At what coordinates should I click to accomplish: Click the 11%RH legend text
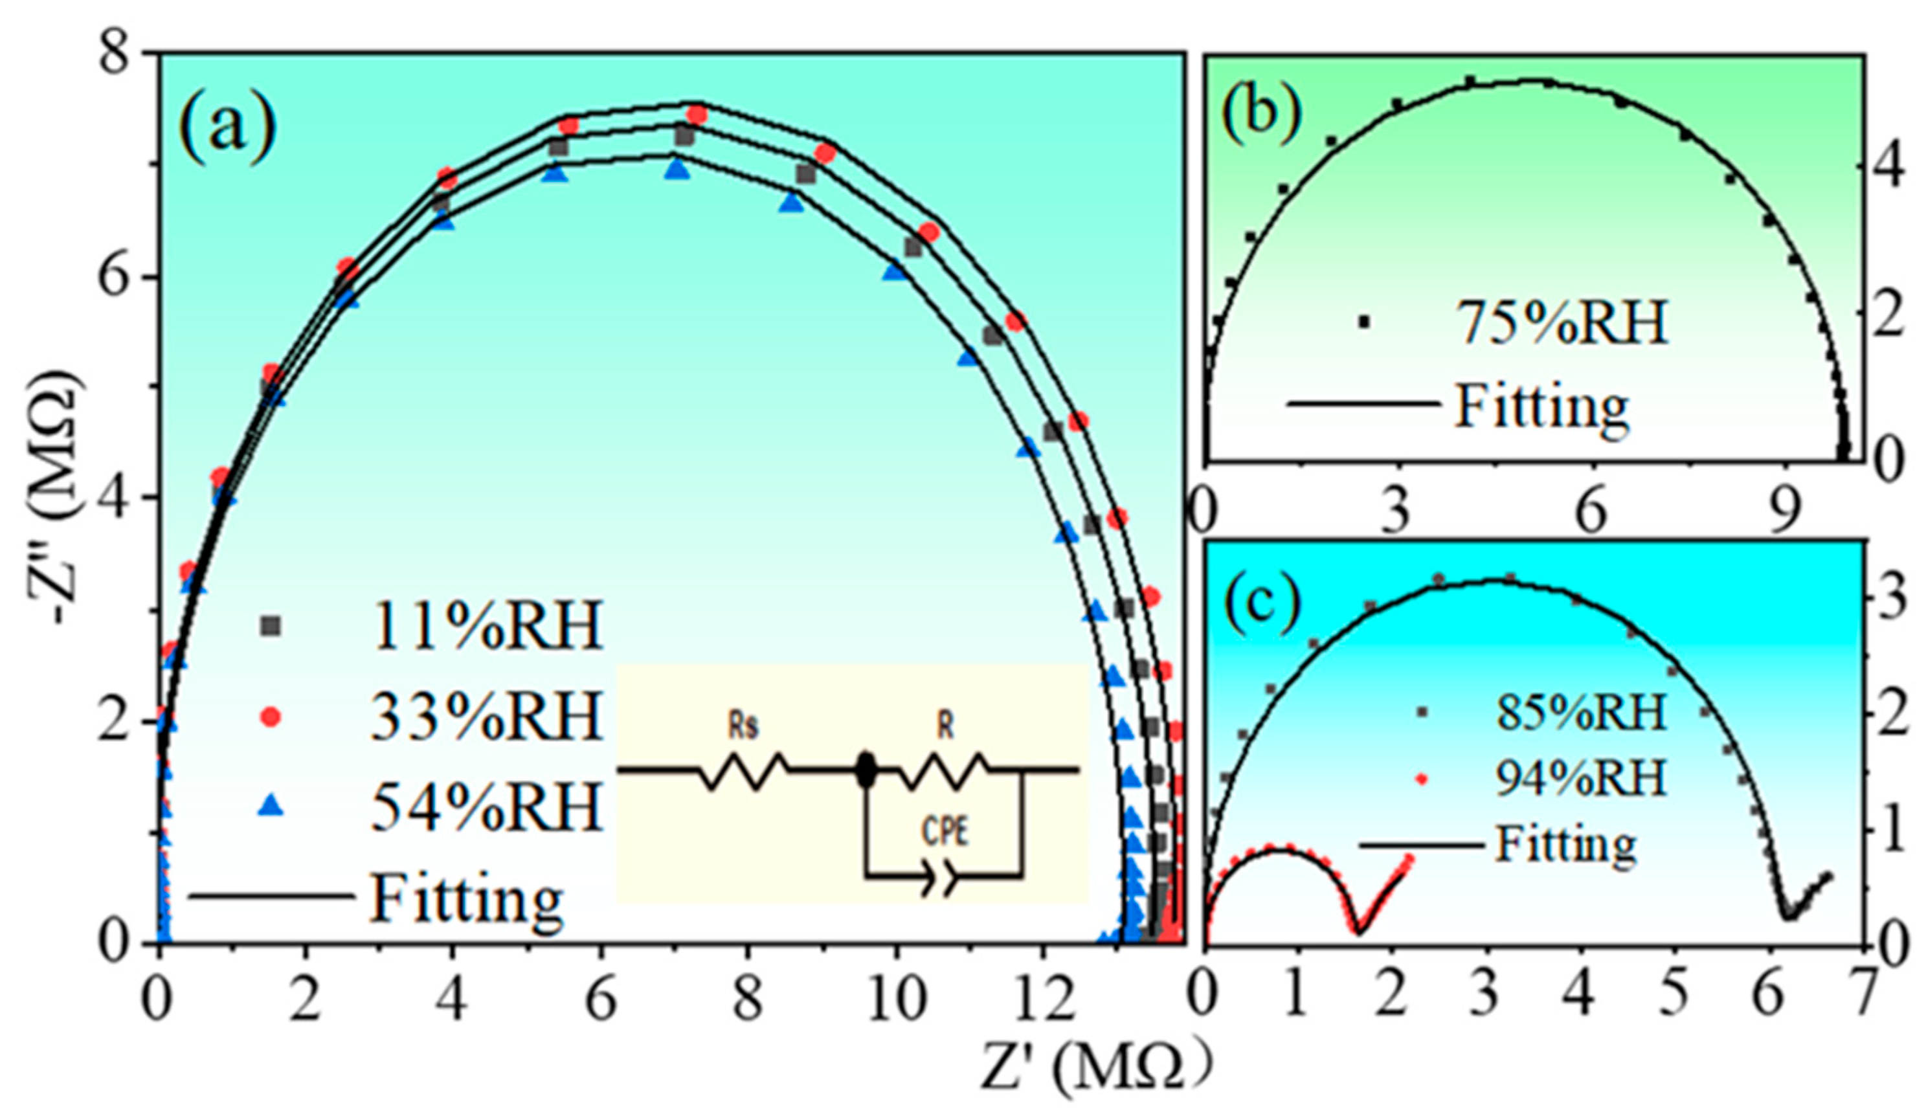[x=487, y=626]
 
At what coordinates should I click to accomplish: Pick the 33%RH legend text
[x=487, y=717]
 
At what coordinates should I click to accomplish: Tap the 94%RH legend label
[x=1580, y=779]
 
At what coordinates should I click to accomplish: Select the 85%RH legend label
[x=1580, y=712]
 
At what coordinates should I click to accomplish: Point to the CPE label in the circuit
[x=945, y=832]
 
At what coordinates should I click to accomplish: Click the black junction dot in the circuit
[x=866, y=770]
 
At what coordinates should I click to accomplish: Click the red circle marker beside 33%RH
[x=271, y=717]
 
